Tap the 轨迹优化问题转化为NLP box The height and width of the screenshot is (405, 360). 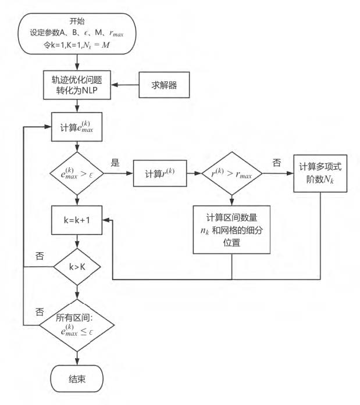76,85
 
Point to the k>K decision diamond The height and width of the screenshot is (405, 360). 76,268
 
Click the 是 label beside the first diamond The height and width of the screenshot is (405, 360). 116,163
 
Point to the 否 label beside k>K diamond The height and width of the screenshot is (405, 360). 40,256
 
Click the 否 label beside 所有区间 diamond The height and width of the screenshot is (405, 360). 40,311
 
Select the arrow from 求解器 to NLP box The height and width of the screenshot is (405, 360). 123,85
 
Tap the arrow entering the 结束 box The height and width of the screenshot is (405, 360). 76,356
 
